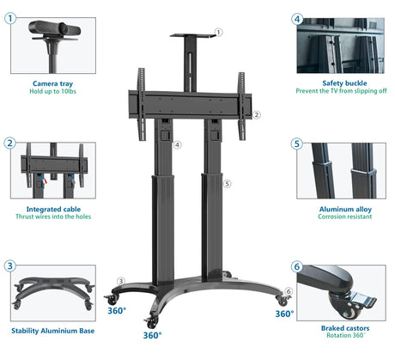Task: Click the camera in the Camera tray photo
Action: [x=54, y=28]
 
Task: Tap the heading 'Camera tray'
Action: [x=52, y=83]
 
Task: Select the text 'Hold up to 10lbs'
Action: [x=52, y=91]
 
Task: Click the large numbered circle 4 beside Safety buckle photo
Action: [x=297, y=19]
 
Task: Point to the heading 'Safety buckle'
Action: [x=344, y=83]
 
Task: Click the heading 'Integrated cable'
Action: [x=53, y=210]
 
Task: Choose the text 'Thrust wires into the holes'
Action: [x=53, y=217]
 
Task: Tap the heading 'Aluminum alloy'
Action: [x=345, y=210]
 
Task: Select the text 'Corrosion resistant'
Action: [x=345, y=217]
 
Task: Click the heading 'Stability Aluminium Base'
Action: [x=53, y=331]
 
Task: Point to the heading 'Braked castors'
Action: [x=345, y=328]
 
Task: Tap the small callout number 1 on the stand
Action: [x=218, y=32]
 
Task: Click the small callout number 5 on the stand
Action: [x=227, y=184]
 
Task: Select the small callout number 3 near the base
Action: [x=121, y=281]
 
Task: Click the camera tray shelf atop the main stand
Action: [x=192, y=35]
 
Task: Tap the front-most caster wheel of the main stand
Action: [x=151, y=322]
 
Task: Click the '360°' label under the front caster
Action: [x=152, y=335]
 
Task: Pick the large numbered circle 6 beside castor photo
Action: [x=297, y=266]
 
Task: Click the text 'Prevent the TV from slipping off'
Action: [x=341, y=91]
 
